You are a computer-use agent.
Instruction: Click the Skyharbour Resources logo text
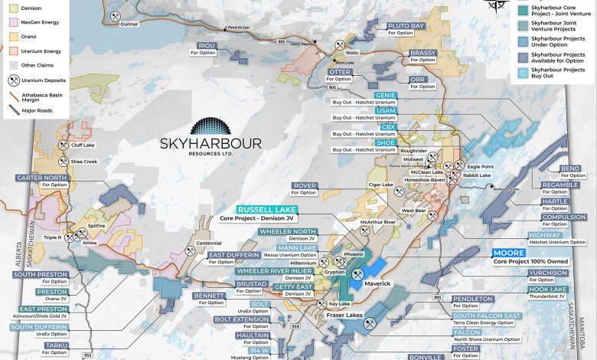coord(210,145)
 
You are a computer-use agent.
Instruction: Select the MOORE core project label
coord(509,252)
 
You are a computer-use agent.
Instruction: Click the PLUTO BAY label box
coord(406,26)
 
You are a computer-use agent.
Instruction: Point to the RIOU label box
coord(207,45)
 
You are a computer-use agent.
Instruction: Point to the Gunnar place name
coord(132,24)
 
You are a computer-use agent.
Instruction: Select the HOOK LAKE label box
coord(549,290)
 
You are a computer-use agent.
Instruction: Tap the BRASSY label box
coord(422,53)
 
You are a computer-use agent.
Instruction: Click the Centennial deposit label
coord(208,243)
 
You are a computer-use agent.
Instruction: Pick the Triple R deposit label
coord(52,238)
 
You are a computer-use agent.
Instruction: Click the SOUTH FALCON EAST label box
coord(486,316)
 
